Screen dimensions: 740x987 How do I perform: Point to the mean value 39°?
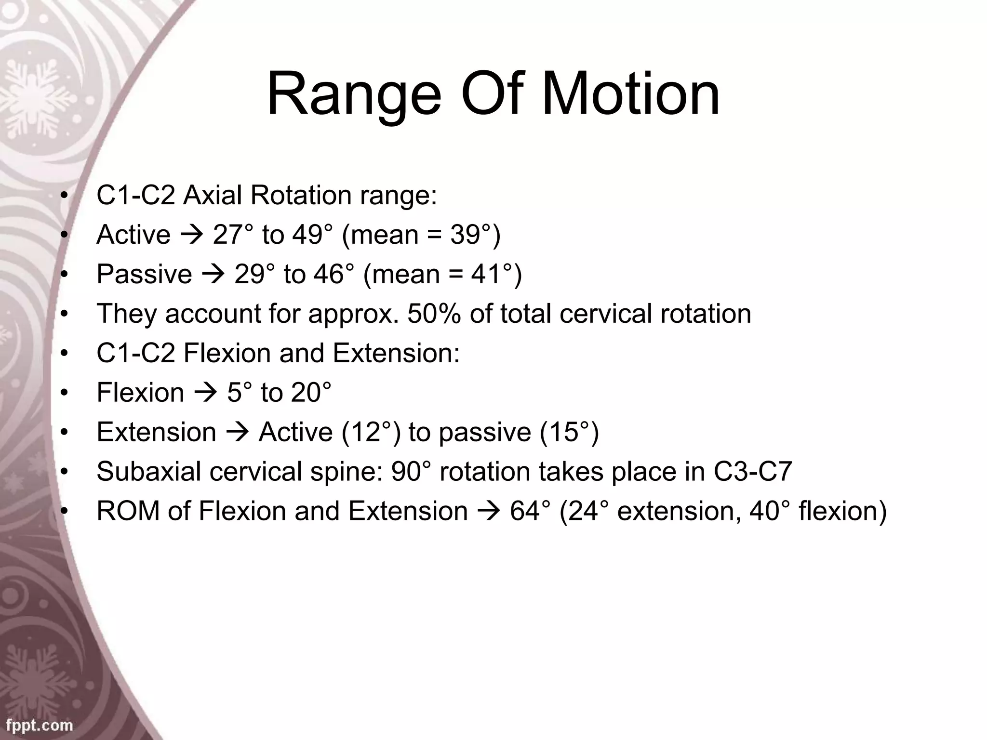pyautogui.click(x=472, y=235)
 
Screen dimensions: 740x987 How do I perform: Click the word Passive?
pyautogui.click(x=144, y=275)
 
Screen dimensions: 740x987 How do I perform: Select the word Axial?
pyautogui.click(x=212, y=196)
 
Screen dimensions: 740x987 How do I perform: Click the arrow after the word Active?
pyautogui.click(x=191, y=235)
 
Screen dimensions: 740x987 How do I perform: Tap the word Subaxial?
pyautogui.click(x=149, y=472)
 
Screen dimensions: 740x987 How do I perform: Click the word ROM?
pyautogui.click(x=128, y=511)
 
